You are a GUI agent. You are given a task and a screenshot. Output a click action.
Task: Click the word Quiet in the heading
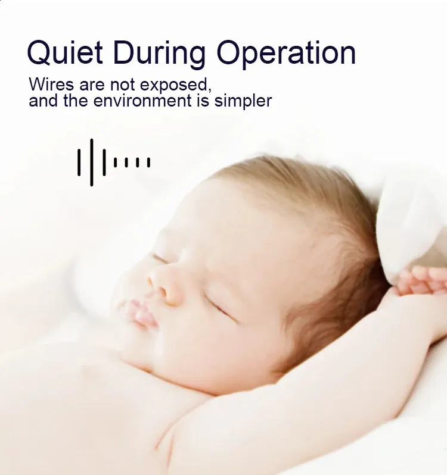(x=65, y=52)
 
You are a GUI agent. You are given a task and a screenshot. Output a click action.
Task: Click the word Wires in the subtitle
(x=51, y=84)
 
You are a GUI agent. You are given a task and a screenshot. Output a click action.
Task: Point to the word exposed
(x=176, y=85)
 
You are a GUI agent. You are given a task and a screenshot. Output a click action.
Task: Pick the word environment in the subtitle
(x=142, y=100)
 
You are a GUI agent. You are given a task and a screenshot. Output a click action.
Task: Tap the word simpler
(x=243, y=101)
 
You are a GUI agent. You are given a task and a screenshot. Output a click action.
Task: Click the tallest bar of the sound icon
(x=92, y=162)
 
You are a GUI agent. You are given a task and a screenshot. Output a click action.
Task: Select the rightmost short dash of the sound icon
(x=148, y=162)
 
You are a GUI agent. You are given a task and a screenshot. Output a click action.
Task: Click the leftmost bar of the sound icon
(x=79, y=162)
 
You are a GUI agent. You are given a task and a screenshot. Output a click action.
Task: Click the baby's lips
(x=142, y=314)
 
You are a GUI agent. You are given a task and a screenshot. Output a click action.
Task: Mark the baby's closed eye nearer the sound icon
(x=159, y=258)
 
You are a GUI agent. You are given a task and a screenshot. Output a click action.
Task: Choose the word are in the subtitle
(x=92, y=86)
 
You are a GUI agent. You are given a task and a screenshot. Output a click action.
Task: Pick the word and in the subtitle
(x=43, y=100)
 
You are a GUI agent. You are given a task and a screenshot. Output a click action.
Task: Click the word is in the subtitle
(x=203, y=100)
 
